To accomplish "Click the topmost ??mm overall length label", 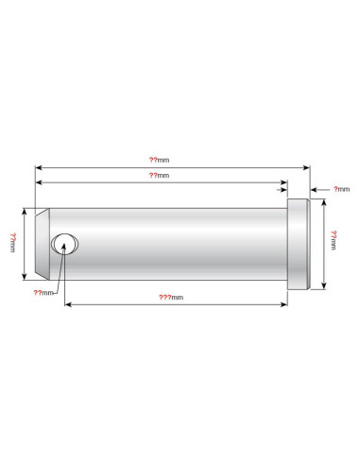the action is pyautogui.click(x=159, y=160).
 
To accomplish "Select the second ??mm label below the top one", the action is pyautogui.click(x=159, y=176).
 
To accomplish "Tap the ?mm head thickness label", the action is pyautogui.click(x=342, y=189).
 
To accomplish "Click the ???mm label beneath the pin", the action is pyautogui.click(x=171, y=298).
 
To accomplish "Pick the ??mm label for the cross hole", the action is pyautogui.click(x=43, y=293).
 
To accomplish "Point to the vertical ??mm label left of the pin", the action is pyautogui.click(x=13, y=243).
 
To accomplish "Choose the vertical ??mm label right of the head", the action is pyautogui.click(x=334, y=240).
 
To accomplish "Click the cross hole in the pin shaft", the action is pyautogui.click(x=65, y=244).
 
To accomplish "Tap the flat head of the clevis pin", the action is pyautogui.click(x=299, y=244).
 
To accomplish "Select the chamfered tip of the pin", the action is pyautogui.click(x=43, y=244).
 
